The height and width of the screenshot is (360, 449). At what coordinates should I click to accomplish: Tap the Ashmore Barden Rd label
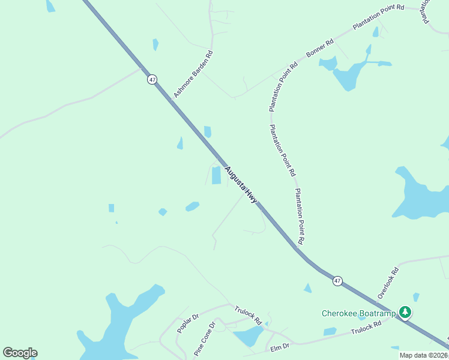[193, 74]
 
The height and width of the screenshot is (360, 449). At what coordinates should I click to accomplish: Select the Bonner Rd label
[320, 49]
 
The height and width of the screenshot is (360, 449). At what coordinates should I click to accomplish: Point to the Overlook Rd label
[388, 283]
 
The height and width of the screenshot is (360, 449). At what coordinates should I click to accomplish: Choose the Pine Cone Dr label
[204, 339]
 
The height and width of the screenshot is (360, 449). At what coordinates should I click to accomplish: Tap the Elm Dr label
[280, 346]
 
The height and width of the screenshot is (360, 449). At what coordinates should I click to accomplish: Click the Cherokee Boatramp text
[359, 313]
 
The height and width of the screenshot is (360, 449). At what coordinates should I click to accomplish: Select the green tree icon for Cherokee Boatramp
[406, 312]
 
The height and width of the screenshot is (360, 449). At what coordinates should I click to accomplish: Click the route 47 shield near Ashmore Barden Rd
[152, 79]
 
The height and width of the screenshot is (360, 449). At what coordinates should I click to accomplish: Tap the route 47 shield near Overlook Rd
[338, 281]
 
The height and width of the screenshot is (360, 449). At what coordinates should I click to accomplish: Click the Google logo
[20, 352]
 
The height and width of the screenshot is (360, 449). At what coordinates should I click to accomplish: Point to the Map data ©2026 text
[423, 355]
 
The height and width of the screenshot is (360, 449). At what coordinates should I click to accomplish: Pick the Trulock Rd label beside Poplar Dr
[249, 316]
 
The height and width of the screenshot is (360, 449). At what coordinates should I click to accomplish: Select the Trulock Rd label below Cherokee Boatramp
[366, 327]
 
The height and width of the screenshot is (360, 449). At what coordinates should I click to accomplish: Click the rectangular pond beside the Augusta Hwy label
[216, 175]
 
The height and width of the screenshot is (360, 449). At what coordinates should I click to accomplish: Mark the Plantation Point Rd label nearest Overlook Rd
[300, 216]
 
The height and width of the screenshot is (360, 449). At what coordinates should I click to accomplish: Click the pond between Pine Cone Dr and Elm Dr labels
[248, 335]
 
